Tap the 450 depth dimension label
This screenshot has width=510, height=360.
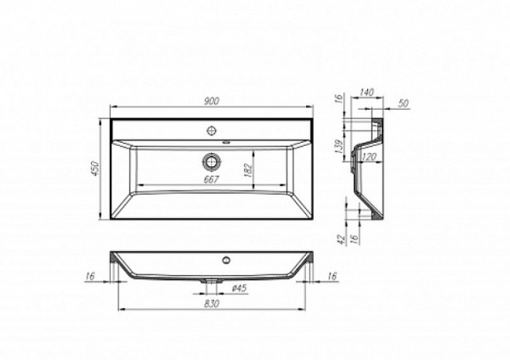98,170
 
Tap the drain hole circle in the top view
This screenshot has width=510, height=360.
211,162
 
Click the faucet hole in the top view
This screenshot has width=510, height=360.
211,129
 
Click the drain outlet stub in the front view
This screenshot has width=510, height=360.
211,280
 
